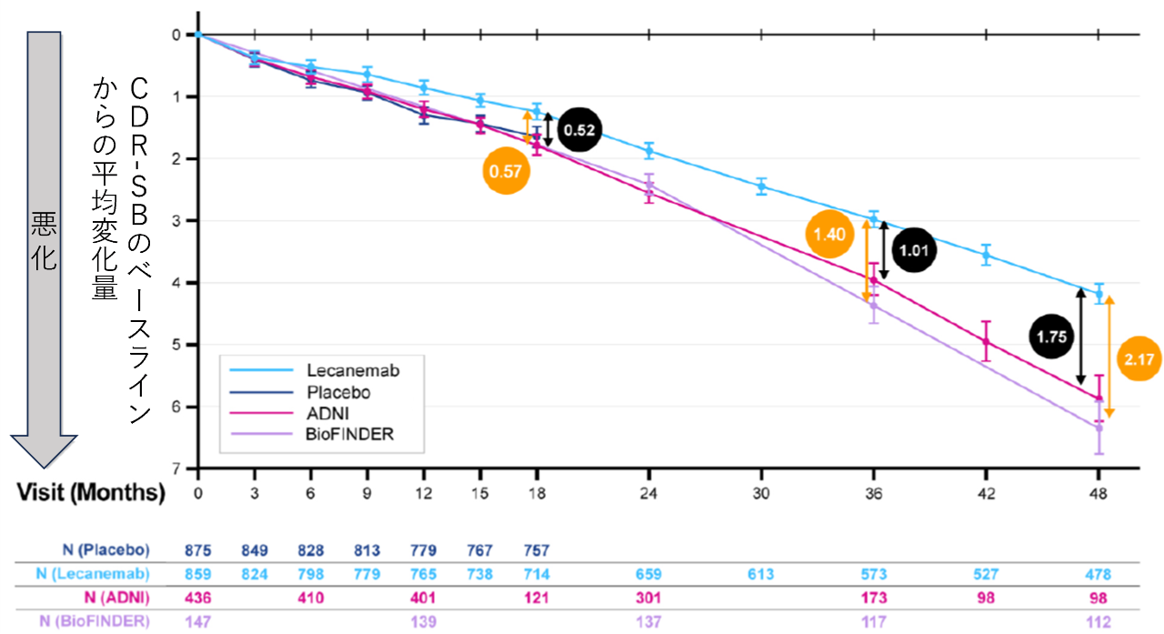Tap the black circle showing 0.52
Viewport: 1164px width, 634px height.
[579, 130]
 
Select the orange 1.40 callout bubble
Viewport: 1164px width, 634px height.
[829, 234]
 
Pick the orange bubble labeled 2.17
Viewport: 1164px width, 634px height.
[1139, 358]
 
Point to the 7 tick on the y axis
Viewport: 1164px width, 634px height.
[176, 468]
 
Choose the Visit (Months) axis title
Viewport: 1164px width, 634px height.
[90, 493]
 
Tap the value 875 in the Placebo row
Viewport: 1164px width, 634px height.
[198, 549]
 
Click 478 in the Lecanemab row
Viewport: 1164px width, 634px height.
[1098, 574]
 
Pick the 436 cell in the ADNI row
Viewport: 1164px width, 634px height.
[198, 597]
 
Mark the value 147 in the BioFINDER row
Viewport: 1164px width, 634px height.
[198, 620]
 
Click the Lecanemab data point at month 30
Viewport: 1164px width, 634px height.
[761, 186]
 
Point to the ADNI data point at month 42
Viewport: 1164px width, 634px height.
[986, 341]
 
